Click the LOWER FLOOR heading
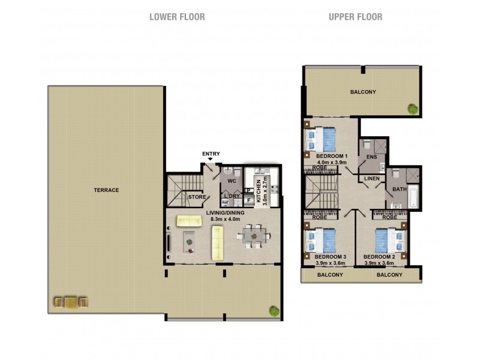pos(177,17)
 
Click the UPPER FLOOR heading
pos(355,17)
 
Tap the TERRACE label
pos(106,190)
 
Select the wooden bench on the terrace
pos(70,302)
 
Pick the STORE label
pos(197,197)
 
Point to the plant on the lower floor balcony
pos(274,311)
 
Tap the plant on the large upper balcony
pos(413,109)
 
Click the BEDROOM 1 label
pos(331,155)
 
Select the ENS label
pos(371,158)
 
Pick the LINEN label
pos(371,178)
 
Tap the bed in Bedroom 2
pos(388,241)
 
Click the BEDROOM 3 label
pos(331,257)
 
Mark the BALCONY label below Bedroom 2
pos(389,275)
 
